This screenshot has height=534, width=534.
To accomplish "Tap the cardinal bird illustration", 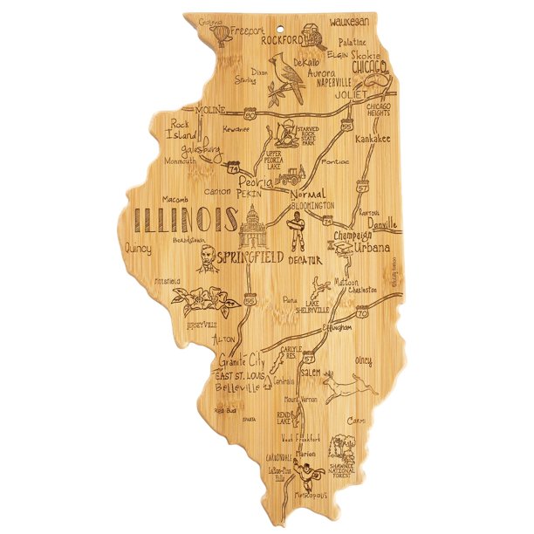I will click(289, 76).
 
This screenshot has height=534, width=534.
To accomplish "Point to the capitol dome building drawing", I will click(255, 229).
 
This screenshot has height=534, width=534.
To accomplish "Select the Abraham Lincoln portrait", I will click(207, 259).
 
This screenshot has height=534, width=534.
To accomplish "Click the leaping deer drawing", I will click(350, 384).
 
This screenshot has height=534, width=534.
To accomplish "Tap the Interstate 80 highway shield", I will click(250, 113).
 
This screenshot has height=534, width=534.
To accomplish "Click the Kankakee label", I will click(372, 139).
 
